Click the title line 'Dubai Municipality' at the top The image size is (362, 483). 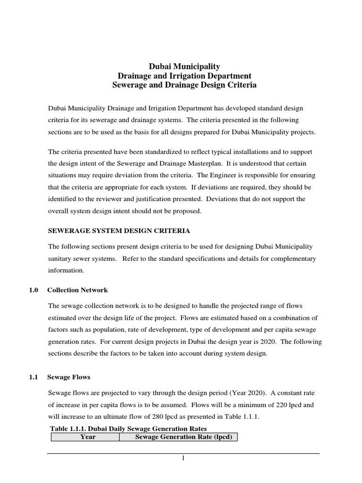pyautogui.click(x=181, y=67)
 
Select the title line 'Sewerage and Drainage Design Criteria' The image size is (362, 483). pyautogui.click(x=181, y=85)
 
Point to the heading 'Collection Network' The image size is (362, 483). pyautogui.click(x=78, y=290)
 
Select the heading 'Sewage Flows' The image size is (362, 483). pyautogui.click(x=69, y=377)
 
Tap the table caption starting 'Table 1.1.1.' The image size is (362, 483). pyautogui.click(x=128, y=428)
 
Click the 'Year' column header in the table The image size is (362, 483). pyautogui.click(x=88, y=437)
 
